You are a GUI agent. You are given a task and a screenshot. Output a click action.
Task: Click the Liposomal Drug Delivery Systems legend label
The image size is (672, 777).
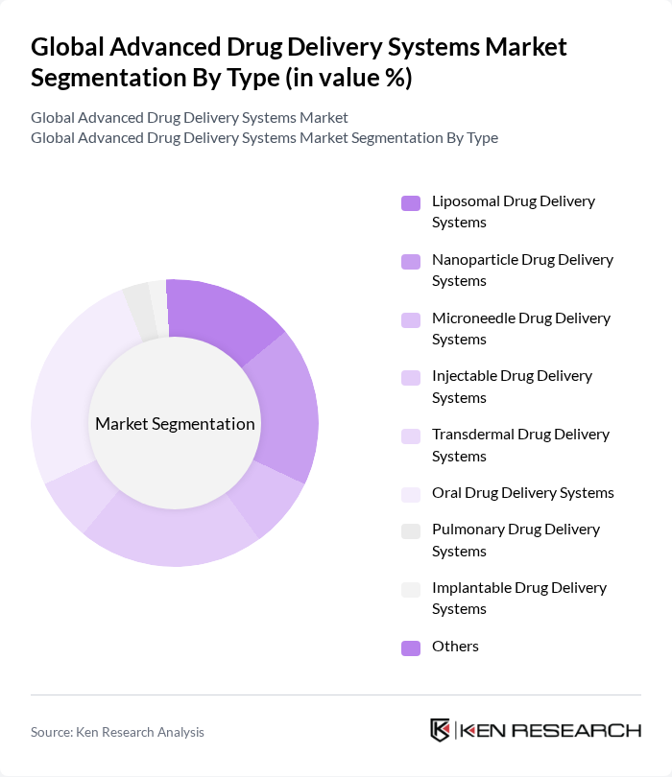click(513, 212)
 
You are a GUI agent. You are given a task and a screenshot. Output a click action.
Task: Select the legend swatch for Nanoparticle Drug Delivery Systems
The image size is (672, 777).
click(411, 261)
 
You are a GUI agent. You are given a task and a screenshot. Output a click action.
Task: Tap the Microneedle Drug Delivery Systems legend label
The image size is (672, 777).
click(520, 328)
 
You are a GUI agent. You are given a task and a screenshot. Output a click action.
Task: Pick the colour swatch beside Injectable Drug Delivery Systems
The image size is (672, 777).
click(411, 378)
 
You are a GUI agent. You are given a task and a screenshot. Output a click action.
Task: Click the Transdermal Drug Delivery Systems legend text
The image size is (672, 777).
click(520, 445)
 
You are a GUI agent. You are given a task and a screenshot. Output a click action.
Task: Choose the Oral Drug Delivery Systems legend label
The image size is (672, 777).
click(522, 493)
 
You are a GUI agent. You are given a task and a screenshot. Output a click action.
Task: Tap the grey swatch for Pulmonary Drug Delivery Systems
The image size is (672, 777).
click(411, 530)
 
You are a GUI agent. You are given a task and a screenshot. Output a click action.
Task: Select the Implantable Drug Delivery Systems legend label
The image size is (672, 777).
click(518, 598)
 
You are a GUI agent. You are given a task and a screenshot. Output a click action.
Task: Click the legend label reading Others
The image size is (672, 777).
click(455, 647)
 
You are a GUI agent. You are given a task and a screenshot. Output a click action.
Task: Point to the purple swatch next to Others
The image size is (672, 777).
click(411, 647)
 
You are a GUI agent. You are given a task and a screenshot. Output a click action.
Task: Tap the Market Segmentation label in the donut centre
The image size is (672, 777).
click(175, 424)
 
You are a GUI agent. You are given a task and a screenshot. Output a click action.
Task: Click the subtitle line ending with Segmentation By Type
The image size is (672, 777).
click(264, 137)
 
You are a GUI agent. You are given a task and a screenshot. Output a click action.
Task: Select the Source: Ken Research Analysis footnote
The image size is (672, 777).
click(117, 732)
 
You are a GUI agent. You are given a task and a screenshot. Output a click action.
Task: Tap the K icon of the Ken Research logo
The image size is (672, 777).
click(440, 730)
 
